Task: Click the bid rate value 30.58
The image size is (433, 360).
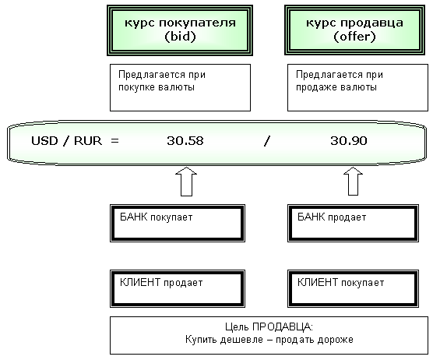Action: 185,141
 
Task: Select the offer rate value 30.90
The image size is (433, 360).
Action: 349,141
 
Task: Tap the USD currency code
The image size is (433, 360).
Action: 44,141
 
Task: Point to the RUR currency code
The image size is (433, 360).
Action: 88,141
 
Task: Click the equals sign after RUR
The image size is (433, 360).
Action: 115,141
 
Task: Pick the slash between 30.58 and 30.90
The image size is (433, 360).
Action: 267,141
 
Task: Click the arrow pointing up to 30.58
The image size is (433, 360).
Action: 186,182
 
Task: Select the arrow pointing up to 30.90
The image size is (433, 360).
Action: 354,182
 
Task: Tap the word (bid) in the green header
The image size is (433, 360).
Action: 180,37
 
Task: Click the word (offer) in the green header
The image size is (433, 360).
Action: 354,37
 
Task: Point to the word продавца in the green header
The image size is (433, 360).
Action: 371,23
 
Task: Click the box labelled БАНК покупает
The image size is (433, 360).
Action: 178,223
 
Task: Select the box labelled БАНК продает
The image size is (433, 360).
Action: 354,223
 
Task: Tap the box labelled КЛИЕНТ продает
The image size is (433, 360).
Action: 178,289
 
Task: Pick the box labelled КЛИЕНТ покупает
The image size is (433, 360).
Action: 354,289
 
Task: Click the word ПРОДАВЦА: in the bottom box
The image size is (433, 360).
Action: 283,327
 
